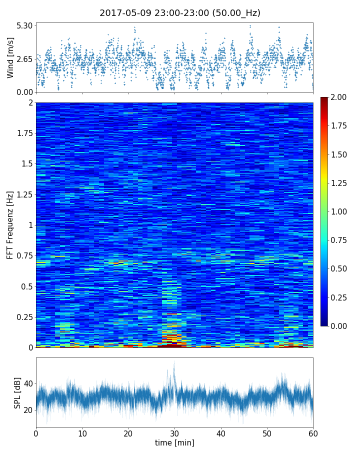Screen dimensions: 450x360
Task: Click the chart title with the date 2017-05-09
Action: [x=180, y=13]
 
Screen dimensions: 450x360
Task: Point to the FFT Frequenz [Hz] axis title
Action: [x=10, y=225]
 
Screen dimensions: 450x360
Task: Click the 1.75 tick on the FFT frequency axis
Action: [x=23, y=133]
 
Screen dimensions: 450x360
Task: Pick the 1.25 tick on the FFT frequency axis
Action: [x=23, y=194]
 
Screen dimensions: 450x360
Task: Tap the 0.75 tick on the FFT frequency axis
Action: [x=23, y=256]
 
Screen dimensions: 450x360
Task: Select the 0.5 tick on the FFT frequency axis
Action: [x=26, y=286]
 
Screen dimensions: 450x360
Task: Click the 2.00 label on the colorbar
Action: [x=338, y=97]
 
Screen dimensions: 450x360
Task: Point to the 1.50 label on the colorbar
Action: [x=338, y=154]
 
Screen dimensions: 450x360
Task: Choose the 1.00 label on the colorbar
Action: [x=338, y=211]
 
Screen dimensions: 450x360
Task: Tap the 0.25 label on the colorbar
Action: [x=338, y=297]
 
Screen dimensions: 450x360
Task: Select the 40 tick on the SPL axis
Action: [x=27, y=384]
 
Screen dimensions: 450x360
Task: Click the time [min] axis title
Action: [x=174, y=442]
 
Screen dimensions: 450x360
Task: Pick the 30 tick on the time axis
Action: [x=174, y=432]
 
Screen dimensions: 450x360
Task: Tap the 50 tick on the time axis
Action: [x=267, y=432]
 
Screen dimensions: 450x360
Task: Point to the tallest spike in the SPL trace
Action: [x=174, y=362]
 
